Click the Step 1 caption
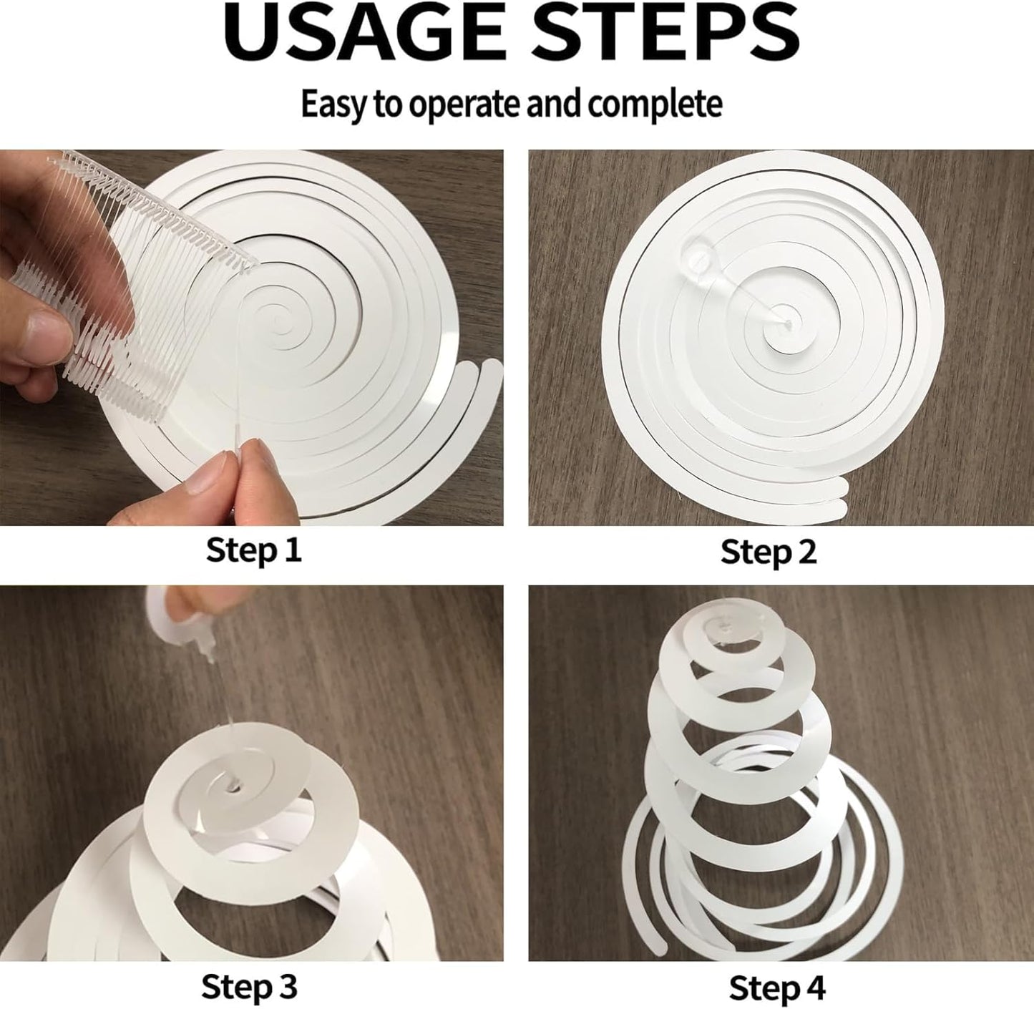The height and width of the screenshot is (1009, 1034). point(253,550)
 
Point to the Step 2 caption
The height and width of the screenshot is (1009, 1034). point(768,552)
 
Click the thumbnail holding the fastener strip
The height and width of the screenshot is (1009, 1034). point(40,335)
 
